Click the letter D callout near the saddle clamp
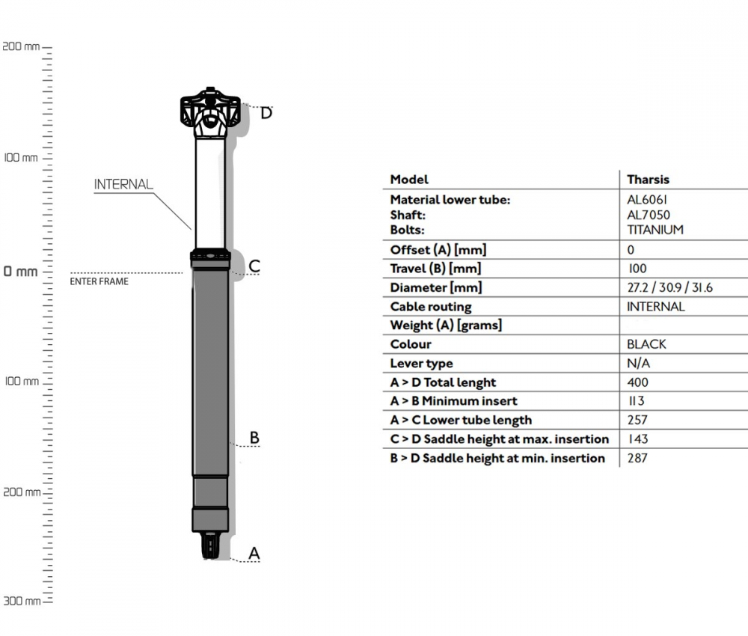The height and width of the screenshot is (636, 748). [x=266, y=114]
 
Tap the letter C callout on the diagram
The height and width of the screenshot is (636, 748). [x=254, y=266]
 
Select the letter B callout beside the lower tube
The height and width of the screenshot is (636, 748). [x=254, y=437]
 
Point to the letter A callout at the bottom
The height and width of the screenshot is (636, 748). [x=254, y=553]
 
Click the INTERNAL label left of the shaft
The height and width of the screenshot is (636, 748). [x=123, y=184]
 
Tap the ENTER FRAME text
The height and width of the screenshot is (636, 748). [x=99, y=282]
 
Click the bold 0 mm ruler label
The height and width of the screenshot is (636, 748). [x=20, y=272]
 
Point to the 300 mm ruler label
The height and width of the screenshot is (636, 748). [x=20, y=601]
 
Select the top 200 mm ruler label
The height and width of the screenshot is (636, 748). [x=20, y=46]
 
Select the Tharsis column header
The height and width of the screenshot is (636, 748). [x=648, y=180]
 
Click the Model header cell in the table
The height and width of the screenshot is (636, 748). [x=409, y=180]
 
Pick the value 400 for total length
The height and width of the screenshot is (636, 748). [x=637, y=382]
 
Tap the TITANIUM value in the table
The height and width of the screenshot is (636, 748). [x=654, y=230]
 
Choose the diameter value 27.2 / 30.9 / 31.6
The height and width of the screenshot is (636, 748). [x=669, y=287]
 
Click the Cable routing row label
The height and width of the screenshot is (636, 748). [x=431, y=307]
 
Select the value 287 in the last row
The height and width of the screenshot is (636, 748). [x=637, y=458]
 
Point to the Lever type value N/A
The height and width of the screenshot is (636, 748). [x=638, y=364]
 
